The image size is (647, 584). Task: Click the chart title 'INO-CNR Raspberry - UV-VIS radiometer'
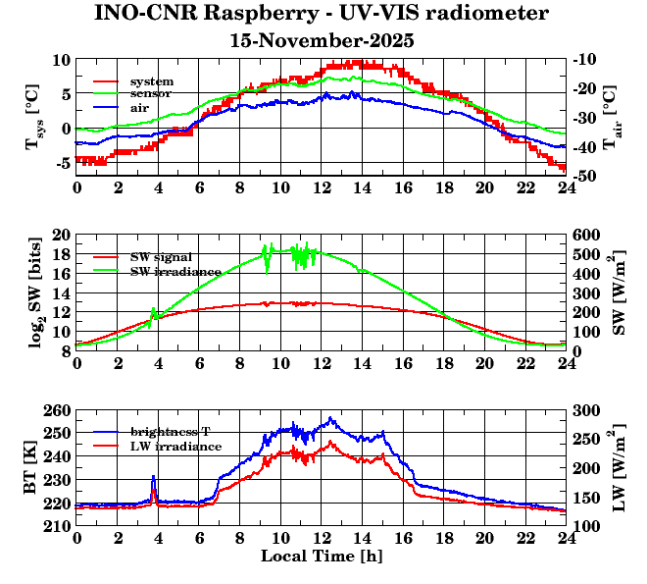coord(322,14)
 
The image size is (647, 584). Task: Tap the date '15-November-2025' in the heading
coord(322,41)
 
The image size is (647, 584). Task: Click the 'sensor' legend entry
coord(152,93)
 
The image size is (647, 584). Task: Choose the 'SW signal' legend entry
coord(161,257)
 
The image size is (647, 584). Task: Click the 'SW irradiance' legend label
coord(171,270)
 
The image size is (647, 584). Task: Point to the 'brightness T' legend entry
coord(173,432)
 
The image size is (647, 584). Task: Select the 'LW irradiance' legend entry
coord(175,446)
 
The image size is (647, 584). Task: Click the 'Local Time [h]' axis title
coord(322,556)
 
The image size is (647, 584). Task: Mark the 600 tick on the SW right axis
coord(586,236)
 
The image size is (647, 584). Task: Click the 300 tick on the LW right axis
coord(586,410)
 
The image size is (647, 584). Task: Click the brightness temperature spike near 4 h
coord(153,478)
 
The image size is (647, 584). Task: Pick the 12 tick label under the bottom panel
coord(322,539)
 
